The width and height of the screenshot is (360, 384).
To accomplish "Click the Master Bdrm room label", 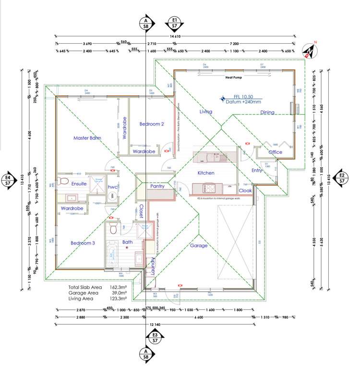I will (87, 138).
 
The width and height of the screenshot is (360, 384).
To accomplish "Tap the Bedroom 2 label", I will (152, 124).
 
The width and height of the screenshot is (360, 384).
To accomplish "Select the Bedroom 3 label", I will (83, 243).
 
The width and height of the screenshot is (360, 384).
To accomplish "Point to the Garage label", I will (199, 246).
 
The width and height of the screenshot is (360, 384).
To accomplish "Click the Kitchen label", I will (206, 173).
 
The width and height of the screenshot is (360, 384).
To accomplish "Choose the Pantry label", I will (158, 186).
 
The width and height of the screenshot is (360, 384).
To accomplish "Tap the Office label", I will (275, 152).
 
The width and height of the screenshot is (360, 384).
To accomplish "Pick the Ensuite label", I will (79, 184).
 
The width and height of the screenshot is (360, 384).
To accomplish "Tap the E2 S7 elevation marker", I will (342, 178).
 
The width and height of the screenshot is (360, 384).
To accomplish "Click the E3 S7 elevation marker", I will (155, 337).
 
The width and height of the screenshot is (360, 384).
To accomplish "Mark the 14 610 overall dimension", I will (175, 37).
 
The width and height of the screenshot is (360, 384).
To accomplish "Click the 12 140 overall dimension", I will (155, 325).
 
